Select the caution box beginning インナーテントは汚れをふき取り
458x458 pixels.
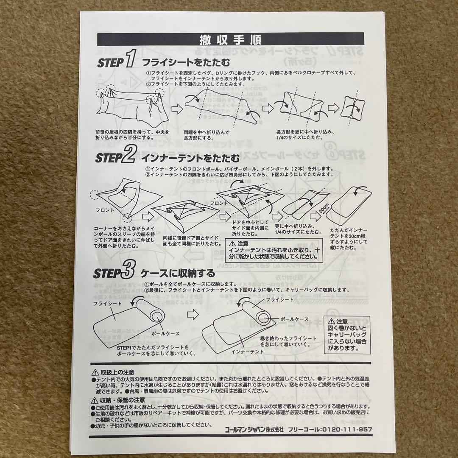(x=274, y=251)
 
